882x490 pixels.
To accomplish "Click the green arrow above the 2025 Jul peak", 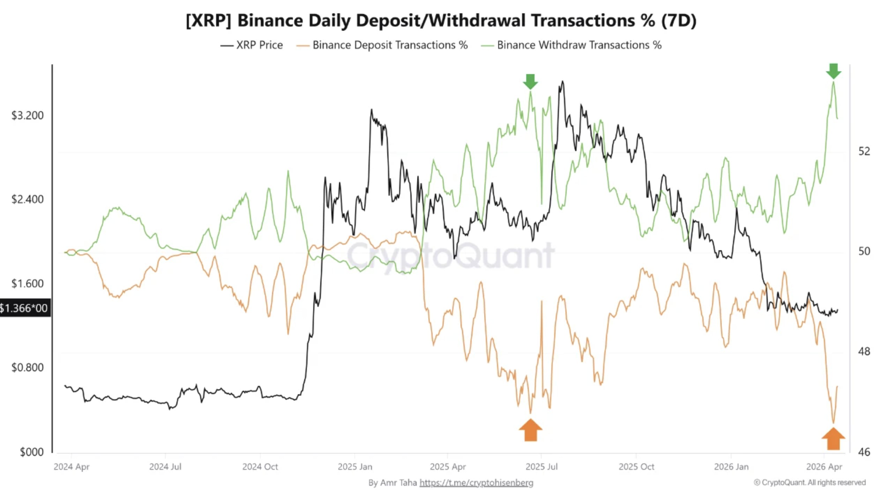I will (530, 81).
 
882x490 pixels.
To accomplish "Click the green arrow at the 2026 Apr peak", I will (833, 71).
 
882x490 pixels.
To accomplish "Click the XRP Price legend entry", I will (251, 45).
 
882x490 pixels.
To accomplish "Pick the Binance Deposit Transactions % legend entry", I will (382, 45).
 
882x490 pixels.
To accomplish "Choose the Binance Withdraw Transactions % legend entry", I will (571, 45).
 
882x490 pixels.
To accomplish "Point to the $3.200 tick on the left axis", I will (27, 115).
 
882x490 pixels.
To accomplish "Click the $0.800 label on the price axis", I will (27, 367).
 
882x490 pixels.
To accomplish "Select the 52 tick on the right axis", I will (864, 151).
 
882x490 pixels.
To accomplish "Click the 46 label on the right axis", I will (864, 452).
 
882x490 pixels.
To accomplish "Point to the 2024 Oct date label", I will (260, 467).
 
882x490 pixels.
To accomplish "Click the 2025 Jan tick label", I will (355, 467).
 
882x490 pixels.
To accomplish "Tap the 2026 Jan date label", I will (731, 467).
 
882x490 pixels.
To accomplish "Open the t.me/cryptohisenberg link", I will (476, 483).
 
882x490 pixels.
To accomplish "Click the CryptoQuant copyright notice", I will (809, 483).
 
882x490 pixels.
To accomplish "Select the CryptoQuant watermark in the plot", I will (450, 255).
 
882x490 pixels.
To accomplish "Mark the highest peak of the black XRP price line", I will (562, 82).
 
